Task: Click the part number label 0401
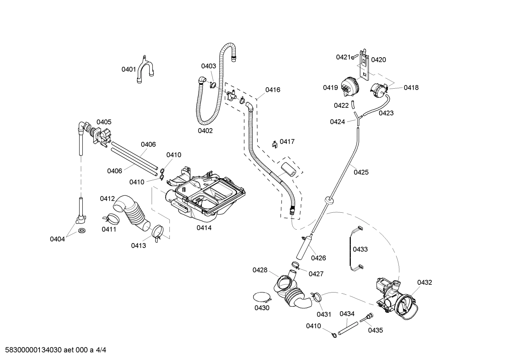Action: (128, 69)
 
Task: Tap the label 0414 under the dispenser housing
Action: (204, 228)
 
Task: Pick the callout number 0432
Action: (424, 282)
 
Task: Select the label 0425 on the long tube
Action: (361, 172)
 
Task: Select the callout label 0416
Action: (273, 90)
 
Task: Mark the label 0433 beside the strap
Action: (360, 249)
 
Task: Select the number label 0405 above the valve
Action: (104, 122)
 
